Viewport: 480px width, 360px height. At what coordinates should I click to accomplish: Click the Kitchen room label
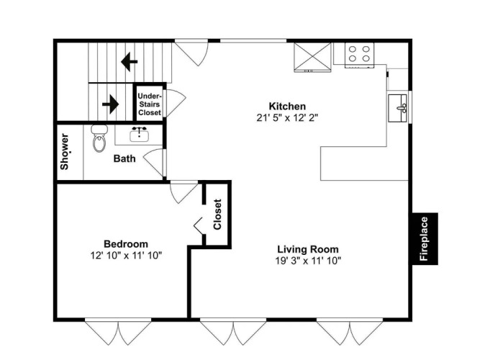(287, 107)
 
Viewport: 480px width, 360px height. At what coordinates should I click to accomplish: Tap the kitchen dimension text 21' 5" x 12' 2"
(287, 117)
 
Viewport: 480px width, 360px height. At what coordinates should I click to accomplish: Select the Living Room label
(308, 249)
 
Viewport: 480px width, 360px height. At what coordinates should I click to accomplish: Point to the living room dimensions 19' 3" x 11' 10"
(308, 261)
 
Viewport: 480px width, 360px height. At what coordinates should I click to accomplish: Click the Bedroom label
(126, 244)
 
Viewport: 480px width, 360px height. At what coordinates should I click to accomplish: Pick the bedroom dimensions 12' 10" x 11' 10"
(126, 255)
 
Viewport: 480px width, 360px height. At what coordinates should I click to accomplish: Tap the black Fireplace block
(425, 238)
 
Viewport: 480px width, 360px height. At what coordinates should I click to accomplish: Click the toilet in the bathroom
(99, 138)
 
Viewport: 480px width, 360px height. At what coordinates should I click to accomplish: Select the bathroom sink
(140, 135)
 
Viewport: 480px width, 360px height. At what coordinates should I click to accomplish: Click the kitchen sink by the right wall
(398, 108)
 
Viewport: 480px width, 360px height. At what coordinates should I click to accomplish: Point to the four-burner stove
(359, 55)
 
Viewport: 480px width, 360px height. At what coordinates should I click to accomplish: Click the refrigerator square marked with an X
(312, 58)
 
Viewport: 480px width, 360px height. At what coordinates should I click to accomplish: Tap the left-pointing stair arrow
(130, 62)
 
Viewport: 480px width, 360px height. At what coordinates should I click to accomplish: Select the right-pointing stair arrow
(111, 104)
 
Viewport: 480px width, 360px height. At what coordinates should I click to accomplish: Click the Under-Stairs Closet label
(150, 104)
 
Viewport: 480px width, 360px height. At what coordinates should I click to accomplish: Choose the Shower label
(65, 152)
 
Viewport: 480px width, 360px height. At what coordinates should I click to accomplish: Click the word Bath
(124, 158)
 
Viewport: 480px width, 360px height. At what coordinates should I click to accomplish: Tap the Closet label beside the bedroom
(217, 215)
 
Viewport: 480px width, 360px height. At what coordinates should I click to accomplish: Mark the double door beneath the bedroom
(118, 331)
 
